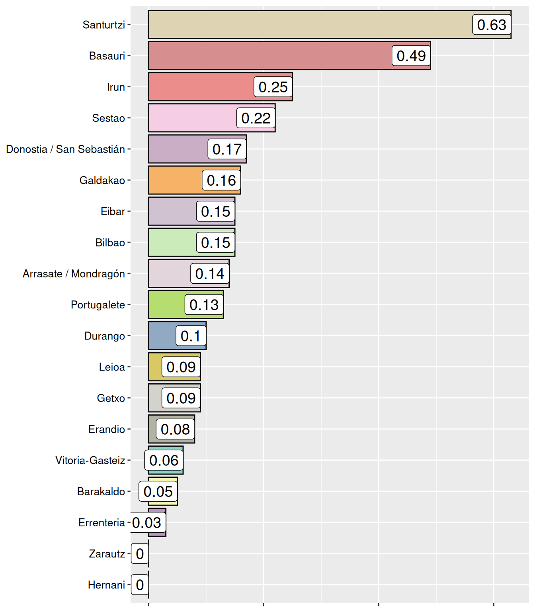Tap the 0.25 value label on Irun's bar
(273, 87)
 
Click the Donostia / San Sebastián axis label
(66, 149)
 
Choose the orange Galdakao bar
(175, 180)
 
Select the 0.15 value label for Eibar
(215, 212)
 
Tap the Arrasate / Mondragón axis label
(74, 274)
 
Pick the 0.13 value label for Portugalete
(204, 305)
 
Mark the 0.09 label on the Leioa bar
(181, 367)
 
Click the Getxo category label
(111, 398)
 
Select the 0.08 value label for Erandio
(175, 429)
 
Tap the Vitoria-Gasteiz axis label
(90, 461)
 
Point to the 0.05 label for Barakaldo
(158, 492)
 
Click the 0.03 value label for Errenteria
(147, 523)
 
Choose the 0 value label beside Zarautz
(140, 554)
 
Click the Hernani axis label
(106, 585)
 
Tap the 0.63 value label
(492, 25)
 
